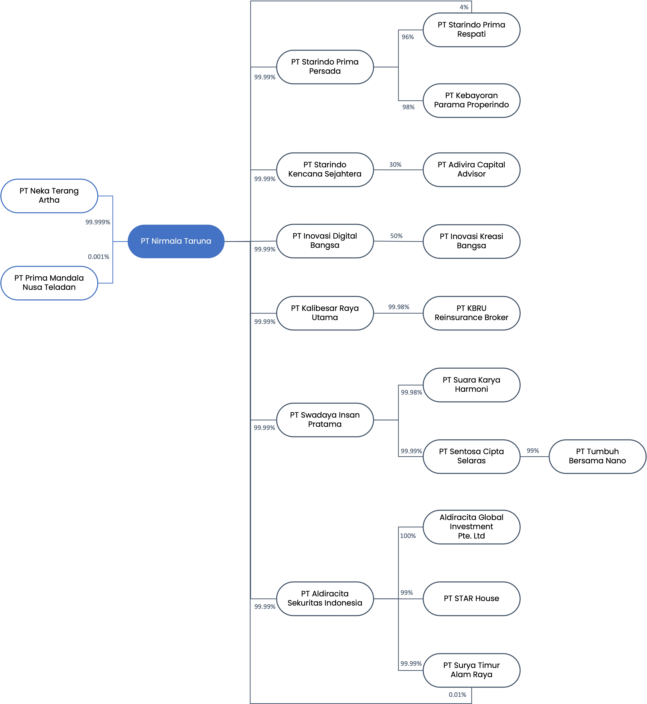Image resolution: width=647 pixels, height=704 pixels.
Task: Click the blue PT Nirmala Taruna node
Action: click(x=176, y=241)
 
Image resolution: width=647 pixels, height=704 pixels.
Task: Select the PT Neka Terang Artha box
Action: click(x=49, y=196)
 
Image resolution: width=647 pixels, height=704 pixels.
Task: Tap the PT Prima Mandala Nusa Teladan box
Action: click(x=49, y=283)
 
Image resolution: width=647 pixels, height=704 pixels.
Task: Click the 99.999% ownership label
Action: click(x=98, y=222)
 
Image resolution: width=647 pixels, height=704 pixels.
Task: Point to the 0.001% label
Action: click(x=98, y=257)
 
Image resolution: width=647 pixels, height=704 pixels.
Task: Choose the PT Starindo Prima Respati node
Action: click(x=471, y=30)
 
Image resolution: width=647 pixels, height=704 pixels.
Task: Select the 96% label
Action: click(x=408, y=37)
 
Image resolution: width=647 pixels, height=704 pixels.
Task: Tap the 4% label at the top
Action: click(x=464, y=7)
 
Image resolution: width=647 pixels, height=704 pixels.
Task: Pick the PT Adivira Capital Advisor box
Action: click(x=471, y=170)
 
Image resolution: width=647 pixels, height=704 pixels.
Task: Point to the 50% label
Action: click(x=396, y=236)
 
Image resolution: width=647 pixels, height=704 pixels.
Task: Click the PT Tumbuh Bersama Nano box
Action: click(x=597, y=456)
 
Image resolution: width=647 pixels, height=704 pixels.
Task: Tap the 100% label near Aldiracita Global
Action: click(x=408, y=535)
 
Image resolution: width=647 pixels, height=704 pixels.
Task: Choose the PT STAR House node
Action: click(x=471, y=599)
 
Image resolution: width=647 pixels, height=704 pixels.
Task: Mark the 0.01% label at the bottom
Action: click(x=458, y=695)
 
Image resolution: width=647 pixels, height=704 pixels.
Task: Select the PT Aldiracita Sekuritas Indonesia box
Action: click(x=325, y=599)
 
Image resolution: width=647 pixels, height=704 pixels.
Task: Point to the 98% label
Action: click(x=408, y=107)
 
